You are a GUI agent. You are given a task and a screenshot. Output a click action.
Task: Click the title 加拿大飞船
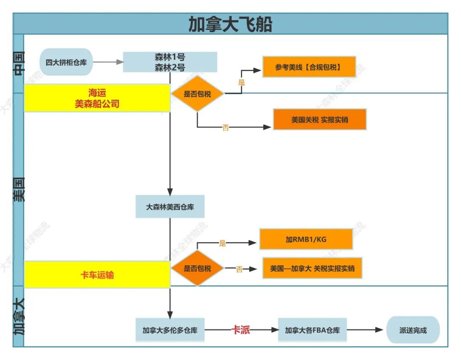tap(230, 24)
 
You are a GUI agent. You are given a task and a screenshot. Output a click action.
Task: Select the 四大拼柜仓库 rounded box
tap(66, 62)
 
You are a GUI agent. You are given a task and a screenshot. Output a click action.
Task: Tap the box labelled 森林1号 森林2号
tap(170, 62)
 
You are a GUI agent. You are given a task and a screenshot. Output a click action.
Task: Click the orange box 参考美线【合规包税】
tap(309, 67)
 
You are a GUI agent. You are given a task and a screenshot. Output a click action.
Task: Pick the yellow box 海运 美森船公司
tap(97, 98)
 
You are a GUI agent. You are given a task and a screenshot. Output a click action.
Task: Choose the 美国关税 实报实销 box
tap(320, 120)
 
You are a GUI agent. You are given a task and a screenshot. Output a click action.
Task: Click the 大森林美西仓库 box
tap(170, 207)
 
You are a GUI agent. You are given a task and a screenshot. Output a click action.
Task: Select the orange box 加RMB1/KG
tap(306, 239)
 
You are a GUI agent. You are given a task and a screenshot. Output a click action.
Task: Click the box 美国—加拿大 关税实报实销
tap(312, 268)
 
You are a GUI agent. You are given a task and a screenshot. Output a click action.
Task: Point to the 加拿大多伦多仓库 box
tap(170, 330)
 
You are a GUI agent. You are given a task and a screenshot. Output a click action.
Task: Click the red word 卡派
tap(240, 330)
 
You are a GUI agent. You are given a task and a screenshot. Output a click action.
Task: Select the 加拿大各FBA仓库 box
tap(312, 330)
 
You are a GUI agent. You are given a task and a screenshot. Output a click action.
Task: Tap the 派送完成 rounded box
tap(413, 330)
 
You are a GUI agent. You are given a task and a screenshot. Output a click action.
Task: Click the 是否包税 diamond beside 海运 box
tap(197, 94)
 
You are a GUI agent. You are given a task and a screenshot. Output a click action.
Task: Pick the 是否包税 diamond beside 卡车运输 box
tap(197, 269)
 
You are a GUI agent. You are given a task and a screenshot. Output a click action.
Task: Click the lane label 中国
tap(19, 64)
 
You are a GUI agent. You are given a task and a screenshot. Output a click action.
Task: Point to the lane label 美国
tap(19, 189)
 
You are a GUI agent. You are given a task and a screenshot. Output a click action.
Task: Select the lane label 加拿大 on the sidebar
tap(19, 316)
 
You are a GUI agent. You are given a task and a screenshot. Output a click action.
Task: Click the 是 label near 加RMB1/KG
tap(222, 243)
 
